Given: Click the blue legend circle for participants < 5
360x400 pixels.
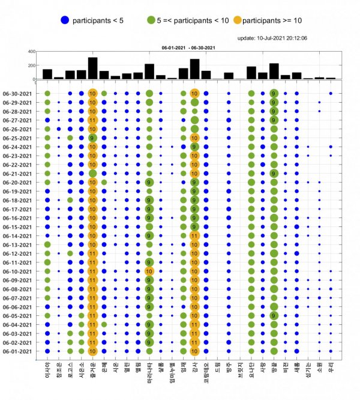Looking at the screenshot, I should click(64, 20).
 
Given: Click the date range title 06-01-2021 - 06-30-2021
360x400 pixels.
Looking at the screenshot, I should click(188, 46).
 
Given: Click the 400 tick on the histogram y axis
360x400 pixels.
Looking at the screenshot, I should click(30, 52).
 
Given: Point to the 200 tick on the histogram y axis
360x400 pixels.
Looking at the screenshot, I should click(30, 65).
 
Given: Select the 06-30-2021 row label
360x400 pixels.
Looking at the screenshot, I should click(20, 93).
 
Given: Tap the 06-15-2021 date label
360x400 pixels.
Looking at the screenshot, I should click(20, 227).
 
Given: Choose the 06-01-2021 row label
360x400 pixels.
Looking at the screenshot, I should click(20, 351).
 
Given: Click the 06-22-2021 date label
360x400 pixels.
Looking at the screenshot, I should click(20, 165).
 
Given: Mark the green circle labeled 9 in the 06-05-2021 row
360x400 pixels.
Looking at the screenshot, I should click(274, 316).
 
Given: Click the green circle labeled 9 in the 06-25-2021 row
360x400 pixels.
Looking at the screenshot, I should click(92, 138).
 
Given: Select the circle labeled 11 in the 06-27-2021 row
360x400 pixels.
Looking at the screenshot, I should click(92, 120).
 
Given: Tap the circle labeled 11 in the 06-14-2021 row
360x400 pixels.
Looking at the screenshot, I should click(194, 235).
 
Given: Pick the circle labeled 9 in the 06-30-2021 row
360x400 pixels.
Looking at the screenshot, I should click(274, 93).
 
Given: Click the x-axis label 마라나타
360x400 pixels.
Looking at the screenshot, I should click(149, 375).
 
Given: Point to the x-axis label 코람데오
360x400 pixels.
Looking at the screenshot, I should click(206, 375).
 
